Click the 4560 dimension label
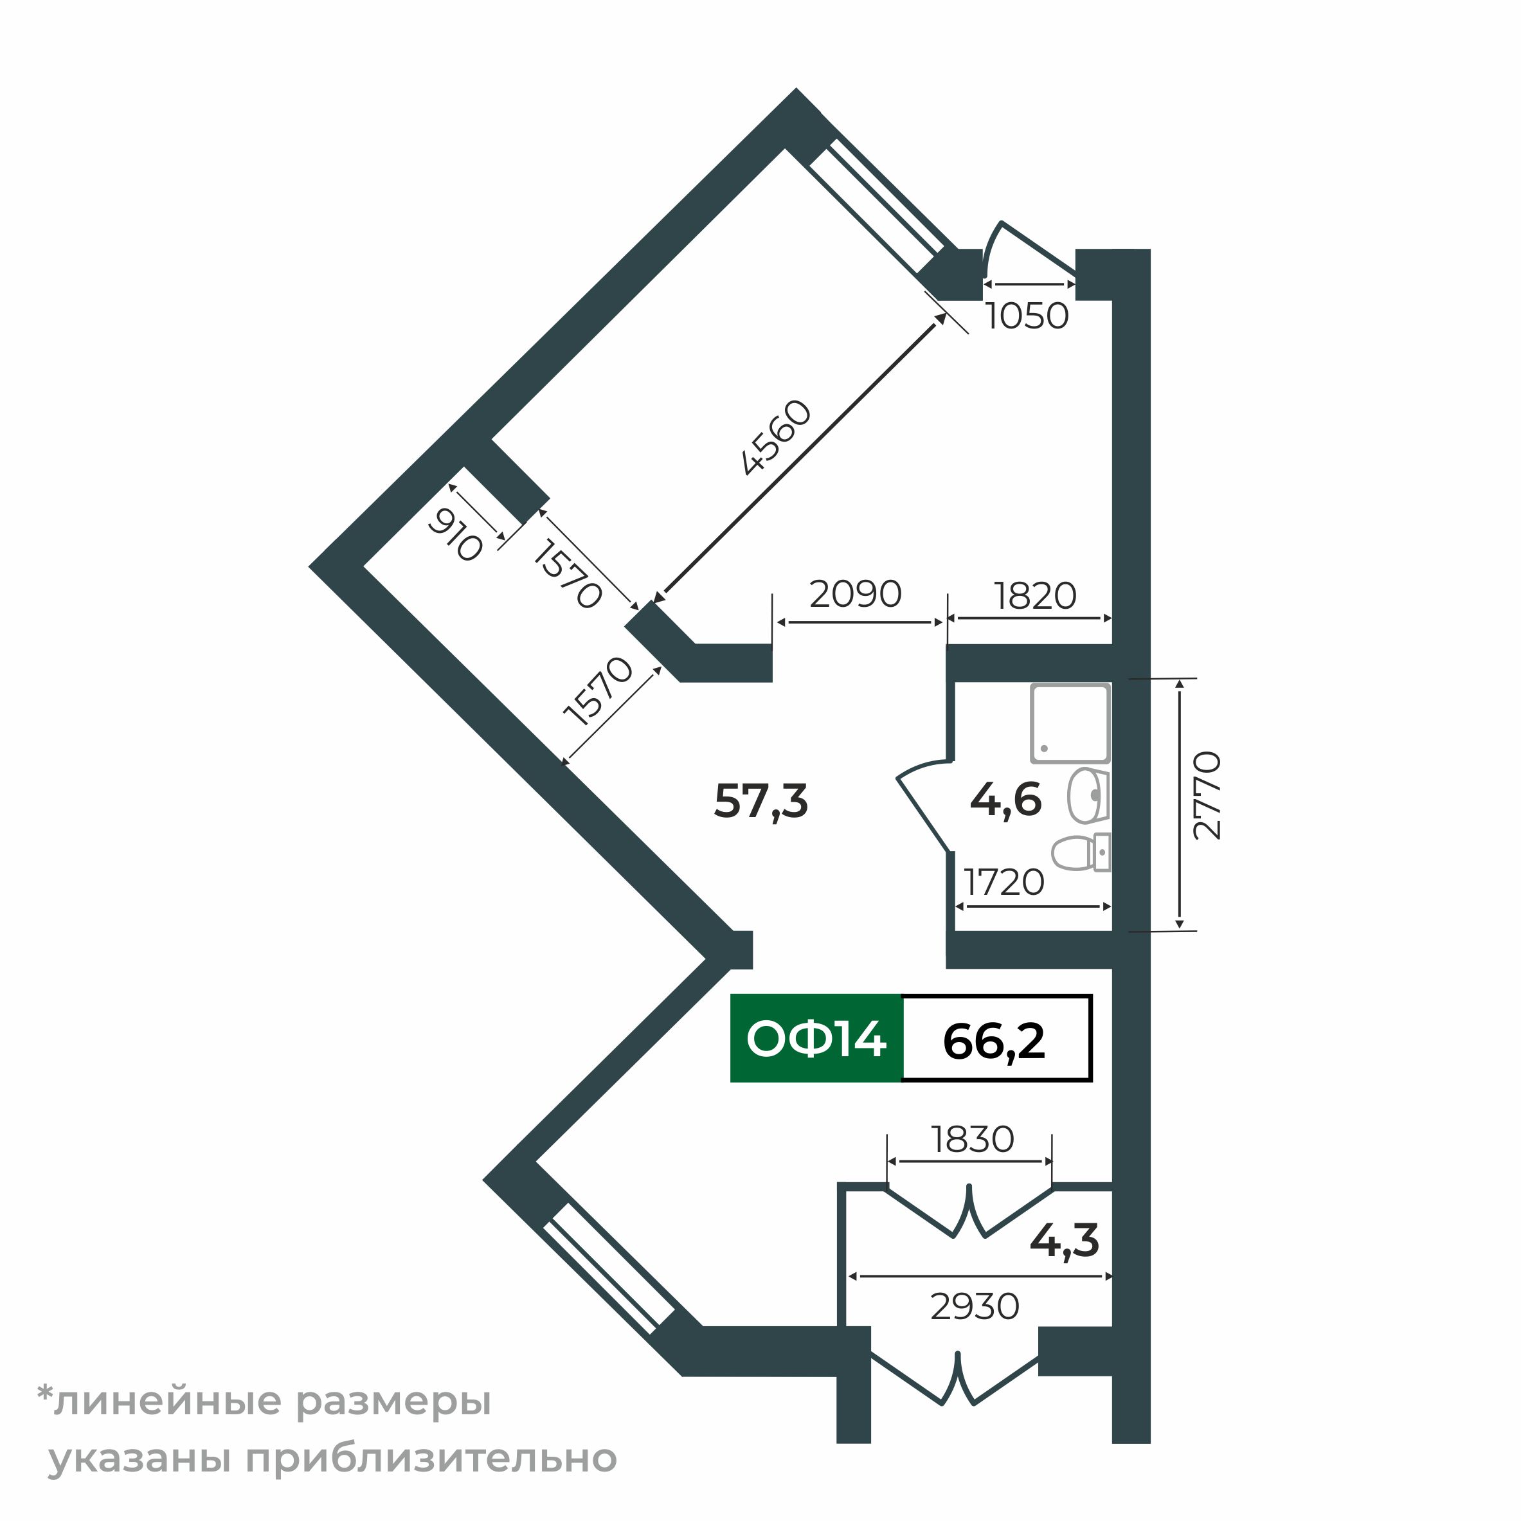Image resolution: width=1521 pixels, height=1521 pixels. coord(776,438)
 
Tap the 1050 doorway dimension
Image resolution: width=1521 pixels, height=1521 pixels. coord(1027,316)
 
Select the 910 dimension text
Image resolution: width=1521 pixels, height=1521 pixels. coord(455,535)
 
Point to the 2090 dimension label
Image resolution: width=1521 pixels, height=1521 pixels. coord(855,595)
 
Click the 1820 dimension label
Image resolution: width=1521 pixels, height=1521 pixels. coord(1034,596)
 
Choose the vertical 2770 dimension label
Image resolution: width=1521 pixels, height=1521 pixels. coord(1207,796)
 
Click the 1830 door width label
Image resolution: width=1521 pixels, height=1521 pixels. coord(972,1139)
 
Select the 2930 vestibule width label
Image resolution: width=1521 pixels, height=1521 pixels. coord(975,1307)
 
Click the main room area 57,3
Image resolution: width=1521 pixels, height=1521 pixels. coord(760,802)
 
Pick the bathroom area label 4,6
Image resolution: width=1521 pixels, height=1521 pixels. coord(1005,800)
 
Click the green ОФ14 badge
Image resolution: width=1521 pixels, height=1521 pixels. coord(816,1039)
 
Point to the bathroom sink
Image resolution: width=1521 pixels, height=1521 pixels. coord(1087,795)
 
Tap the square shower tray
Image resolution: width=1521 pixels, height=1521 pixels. coord(1070,723)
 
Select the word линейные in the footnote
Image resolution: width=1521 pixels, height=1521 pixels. coord(166,1401)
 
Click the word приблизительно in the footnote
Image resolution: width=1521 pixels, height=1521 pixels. coord(431,1459)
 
